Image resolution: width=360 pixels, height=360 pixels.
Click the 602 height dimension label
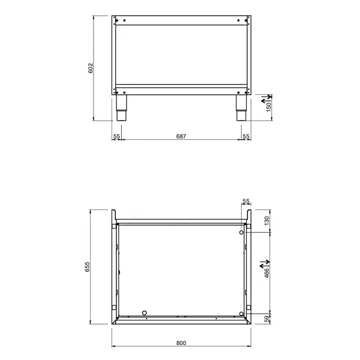pyautogui.click(x=91, y=68)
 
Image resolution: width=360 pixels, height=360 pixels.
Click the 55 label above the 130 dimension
pyautogui.click(x=245, y=201)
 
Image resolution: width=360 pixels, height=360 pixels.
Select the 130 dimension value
pyautogui.click(x=268, y=220)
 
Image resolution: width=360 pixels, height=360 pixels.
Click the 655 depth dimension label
pyautogui.click(x=87, y=267)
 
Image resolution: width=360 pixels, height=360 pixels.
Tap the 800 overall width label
pyautogui.click(x=181, y=343)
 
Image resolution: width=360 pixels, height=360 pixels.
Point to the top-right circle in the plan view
pyautogui.click(x=241, y=232)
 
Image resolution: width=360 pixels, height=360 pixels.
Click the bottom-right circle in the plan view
pyautogui.click(x=241, y=313)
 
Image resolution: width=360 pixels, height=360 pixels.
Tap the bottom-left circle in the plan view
pyautogui.click(x=144, y=313)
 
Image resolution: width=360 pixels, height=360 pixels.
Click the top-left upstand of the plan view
pyautogui.click(x=115, y=215)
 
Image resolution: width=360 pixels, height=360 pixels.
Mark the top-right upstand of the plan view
pyautogui.click(x=248, y=215)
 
